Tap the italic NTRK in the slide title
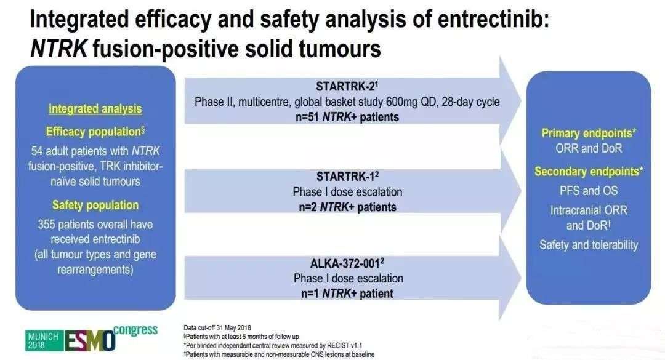[58, 49]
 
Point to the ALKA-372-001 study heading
[347, 263]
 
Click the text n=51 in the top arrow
[307, 117]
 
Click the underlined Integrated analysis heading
[95, 109]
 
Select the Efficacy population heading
[95, 132]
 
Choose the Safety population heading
[95, 205]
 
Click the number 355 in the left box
[46, 225]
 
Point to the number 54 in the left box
[37, 151]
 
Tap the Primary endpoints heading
[589, 133]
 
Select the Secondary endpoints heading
[589, 171]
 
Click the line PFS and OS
[589, 191]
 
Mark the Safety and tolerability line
[589, 245]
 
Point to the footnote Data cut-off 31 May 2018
[217, 328]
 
